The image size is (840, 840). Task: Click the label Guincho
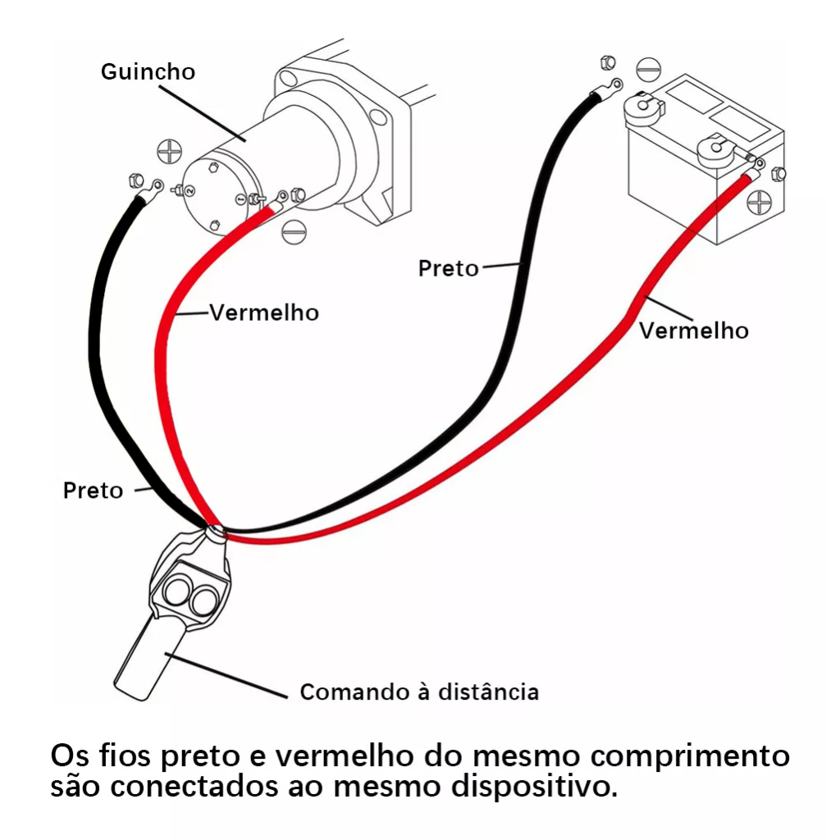(x=148, y=72)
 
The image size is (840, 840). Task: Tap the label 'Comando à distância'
(x=419, y=692)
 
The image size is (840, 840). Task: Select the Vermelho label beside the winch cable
(x=264, y=313)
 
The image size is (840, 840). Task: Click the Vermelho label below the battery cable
(x=694, y=330)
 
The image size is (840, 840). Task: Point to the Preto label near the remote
(x=93, y=491)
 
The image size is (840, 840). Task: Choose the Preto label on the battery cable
(x=448, y=268)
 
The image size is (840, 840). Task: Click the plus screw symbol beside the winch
(x=168, y=152)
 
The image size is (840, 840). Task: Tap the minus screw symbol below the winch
(x=293, y=231)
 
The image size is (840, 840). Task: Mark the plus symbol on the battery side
(x=760, y=202)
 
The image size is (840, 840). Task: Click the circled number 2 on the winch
(x=191, y=190)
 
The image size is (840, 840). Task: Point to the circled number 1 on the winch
(x=240, y=199)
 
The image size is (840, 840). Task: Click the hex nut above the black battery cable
(x=607, y=62)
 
